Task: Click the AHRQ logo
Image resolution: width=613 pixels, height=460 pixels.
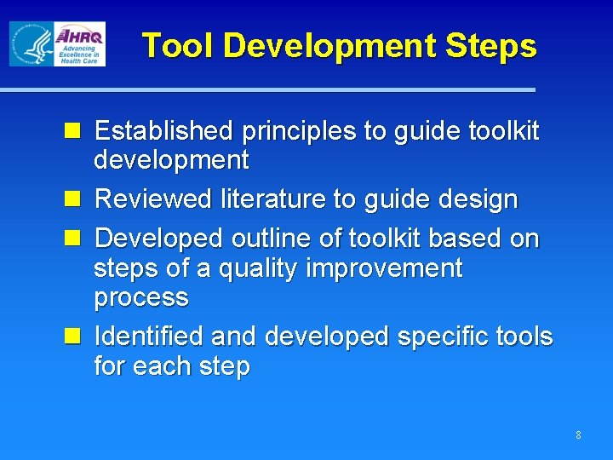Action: click(79, 43)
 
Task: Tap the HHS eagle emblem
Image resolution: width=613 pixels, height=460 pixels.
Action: click(31, 44)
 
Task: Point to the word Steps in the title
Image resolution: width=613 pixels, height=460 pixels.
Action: click(496, 45)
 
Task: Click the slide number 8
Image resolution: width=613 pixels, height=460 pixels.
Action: click(578, 435)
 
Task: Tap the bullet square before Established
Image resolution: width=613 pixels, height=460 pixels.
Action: click(74, 131)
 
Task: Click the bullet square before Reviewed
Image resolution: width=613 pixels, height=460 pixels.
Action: click(74, 199)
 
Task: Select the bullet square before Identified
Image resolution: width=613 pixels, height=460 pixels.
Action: click(74, 336)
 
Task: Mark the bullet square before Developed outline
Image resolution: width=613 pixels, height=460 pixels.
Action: click(74, 239)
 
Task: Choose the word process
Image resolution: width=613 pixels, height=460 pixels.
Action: click(141, 298)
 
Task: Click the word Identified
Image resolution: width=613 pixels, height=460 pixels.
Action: click(149, 336)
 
